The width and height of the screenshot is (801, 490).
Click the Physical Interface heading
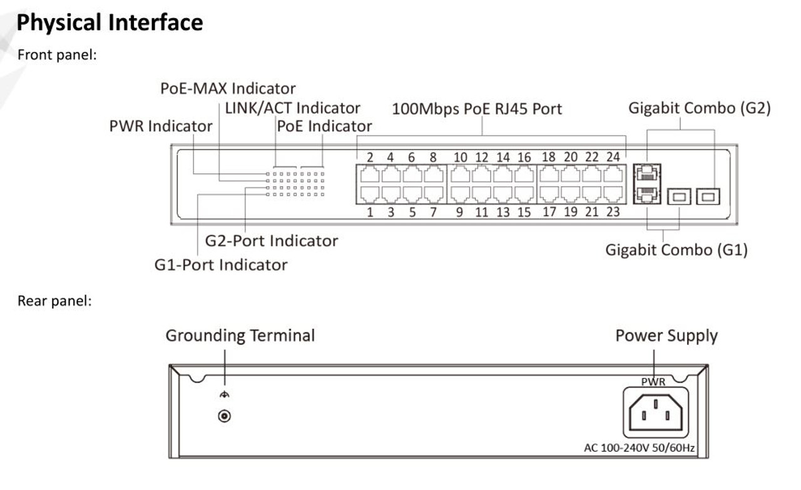[x=110, y=23]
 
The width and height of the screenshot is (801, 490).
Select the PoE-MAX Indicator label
[x=228, y=88]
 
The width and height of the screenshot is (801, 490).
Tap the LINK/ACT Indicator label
[x=292, y=108]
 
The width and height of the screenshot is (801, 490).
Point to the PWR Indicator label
[x=161, y=126]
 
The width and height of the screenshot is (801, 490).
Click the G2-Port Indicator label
[x=272, y=241]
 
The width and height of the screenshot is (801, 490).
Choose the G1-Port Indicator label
[x=221, y=265]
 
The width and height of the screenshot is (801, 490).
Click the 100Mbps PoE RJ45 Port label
[x=477, y=109]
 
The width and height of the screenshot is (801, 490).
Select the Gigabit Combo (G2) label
[x=700, y=108]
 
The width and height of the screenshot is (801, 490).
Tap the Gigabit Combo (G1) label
[x=676, y=251]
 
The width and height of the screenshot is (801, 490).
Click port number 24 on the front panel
[x=613, y=174]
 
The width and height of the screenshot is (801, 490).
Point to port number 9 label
[x=460, y=212]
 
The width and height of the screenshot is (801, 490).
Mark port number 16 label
[x=524, y=157]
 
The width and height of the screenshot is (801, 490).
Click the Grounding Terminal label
[x=240, y=336]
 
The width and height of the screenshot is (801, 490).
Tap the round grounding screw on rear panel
[x=223, y=416]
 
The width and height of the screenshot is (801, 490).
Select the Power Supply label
[x=666, y=336]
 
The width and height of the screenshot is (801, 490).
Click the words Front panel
[x=57, y=55]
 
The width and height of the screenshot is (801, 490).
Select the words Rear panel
[x=54, y=301]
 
